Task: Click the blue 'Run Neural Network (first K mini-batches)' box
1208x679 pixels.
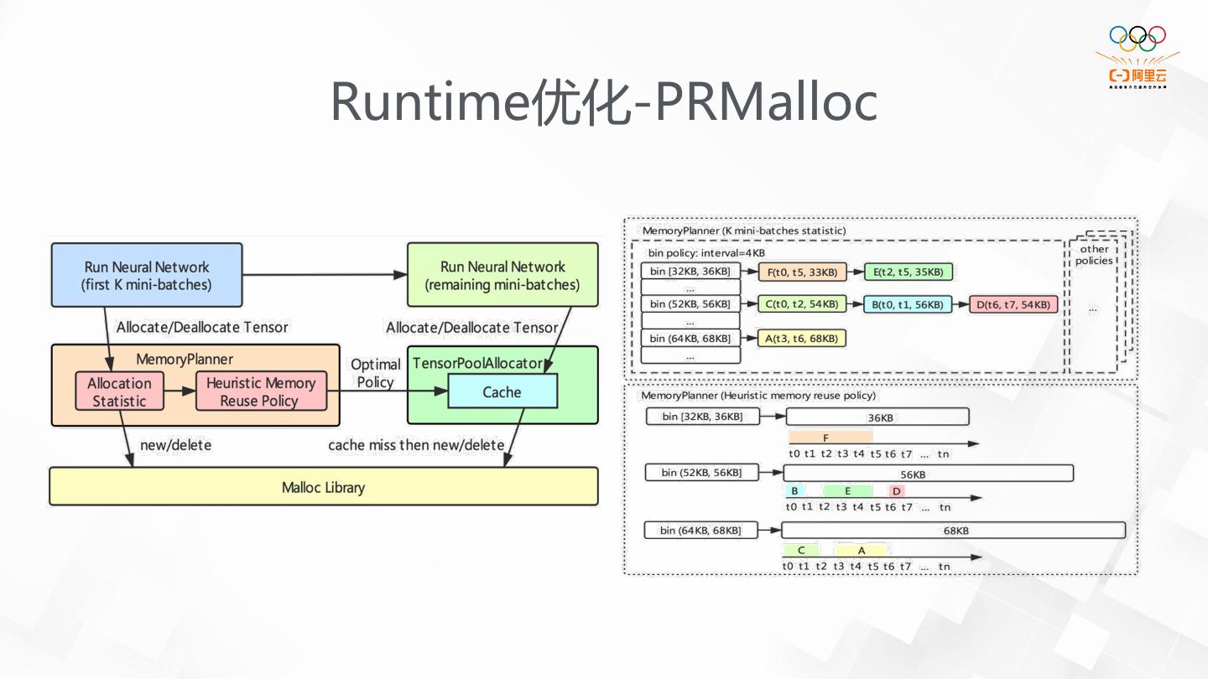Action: [x=147, y=275]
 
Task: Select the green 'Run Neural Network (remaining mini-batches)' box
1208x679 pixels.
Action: [x=502, y=275]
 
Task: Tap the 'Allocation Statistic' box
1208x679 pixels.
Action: [x=119, y=391]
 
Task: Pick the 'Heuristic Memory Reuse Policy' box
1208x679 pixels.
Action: [x=260, y=391]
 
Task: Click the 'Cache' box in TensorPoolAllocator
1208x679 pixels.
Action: [x=502, y=391]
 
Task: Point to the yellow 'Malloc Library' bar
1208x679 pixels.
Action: [x=323, y=487]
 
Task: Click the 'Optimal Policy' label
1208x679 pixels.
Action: [x=375, y=373]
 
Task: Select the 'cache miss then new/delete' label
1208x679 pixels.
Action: [x=416, y=445]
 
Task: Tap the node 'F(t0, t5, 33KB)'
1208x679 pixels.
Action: [x=802, y=272]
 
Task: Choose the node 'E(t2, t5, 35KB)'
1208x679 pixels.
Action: [x=909, y=272]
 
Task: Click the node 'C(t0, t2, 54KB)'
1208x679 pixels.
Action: [x=802, y=304]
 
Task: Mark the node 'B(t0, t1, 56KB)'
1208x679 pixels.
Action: [x=908, y=304]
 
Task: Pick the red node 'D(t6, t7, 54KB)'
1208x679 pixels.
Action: [x=1013, y=304]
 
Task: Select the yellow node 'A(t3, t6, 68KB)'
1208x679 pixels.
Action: [x=801, y=339]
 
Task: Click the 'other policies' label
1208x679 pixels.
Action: [x=1094, y=255]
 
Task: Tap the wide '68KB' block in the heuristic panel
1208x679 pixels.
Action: [x=954, y=531]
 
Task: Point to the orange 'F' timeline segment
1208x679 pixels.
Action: [x=830, y=438]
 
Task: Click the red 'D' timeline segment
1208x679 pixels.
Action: [x=896, y=491]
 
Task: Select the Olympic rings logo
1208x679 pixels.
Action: [x=1138, y=35]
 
